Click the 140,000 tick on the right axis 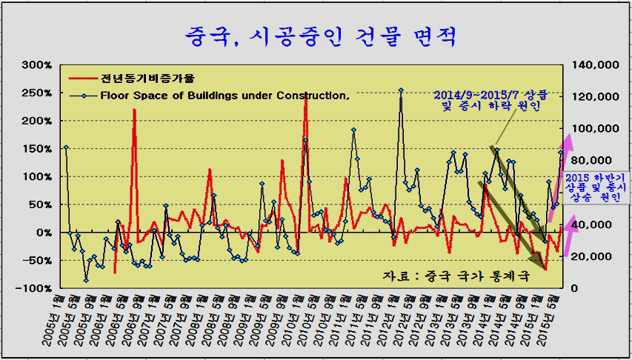coord(597,65)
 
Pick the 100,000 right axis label coord(597,129)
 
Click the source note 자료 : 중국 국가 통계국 coord(456,276)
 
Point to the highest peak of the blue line coord(401,90)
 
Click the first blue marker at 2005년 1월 coord(66,147)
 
